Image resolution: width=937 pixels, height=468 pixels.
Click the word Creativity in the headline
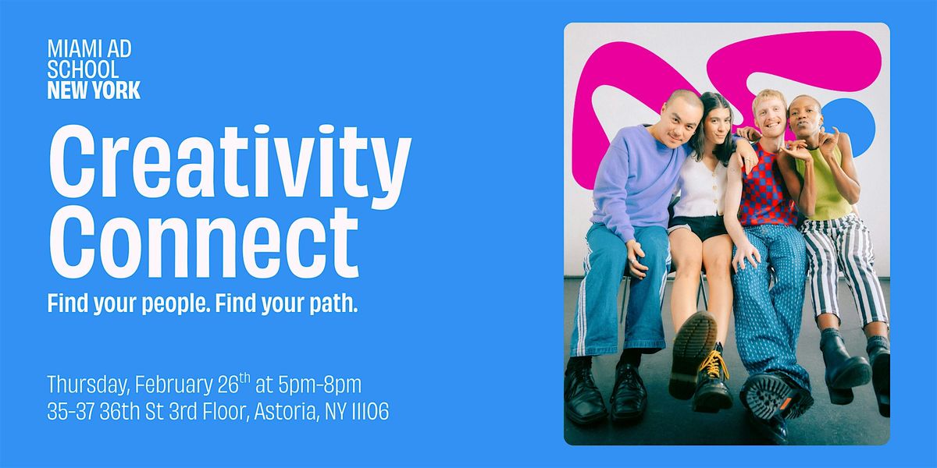click(x=230, y=167)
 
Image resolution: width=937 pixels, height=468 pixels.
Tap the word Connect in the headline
click(x=204, y=243)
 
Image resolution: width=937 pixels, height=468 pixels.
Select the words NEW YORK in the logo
click(x=94, y=90)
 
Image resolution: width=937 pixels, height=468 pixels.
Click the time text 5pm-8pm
click(x=319, y=385)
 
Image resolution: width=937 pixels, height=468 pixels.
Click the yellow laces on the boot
click(x=714, y=364)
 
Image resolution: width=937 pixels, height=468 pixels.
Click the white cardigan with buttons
click(x=700, y=190)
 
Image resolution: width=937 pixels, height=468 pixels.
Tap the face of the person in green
click(x=804, y=120)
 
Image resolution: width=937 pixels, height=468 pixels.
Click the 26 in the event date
click(x=228, y=385)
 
